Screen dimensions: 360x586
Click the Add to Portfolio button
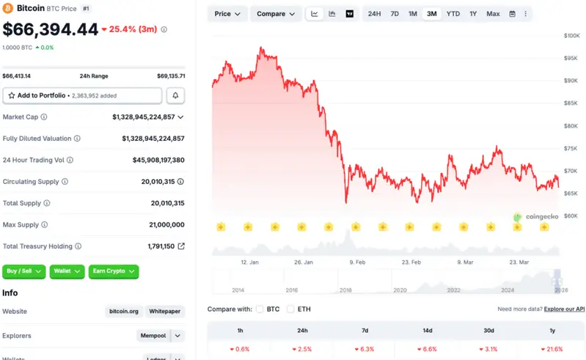pyautogui.click(x=82, y=95)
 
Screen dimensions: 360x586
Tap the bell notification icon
pyautogui.click(x=175, y=95)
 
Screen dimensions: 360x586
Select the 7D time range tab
pyautogui.click(x=395, y=14)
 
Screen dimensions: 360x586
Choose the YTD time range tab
pyautogui.click(x=453, y=14)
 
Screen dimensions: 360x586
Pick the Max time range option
pyautogui.click(x=493, y=14)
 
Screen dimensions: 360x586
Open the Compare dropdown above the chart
pyautogui.click(x=276, y=14)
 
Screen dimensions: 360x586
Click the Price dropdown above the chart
pyautogui.click(x=227, y=14)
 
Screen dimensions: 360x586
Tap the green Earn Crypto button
pyautogui.click(x=114, y=271)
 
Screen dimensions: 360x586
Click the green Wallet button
pyautogui.click(x=67, y=271)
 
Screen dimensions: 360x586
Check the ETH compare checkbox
pyautogui.click(x=290, y=309)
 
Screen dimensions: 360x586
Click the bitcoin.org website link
pyautogui.click(x=122, y=312)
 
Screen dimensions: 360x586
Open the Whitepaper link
pyautogui.click(x=164, y=312)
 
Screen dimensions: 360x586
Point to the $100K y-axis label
pyautogui.click(x=571, y=35)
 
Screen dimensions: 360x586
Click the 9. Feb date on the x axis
pyautogui.click(x=357, y=261)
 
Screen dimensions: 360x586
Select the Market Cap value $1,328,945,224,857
pyautogui.click(x=144, y=117)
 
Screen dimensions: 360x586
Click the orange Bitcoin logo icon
pyautogui.click(x=9, y=9)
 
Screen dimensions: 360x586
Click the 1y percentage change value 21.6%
pyautogui.click(x=552, y=349)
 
